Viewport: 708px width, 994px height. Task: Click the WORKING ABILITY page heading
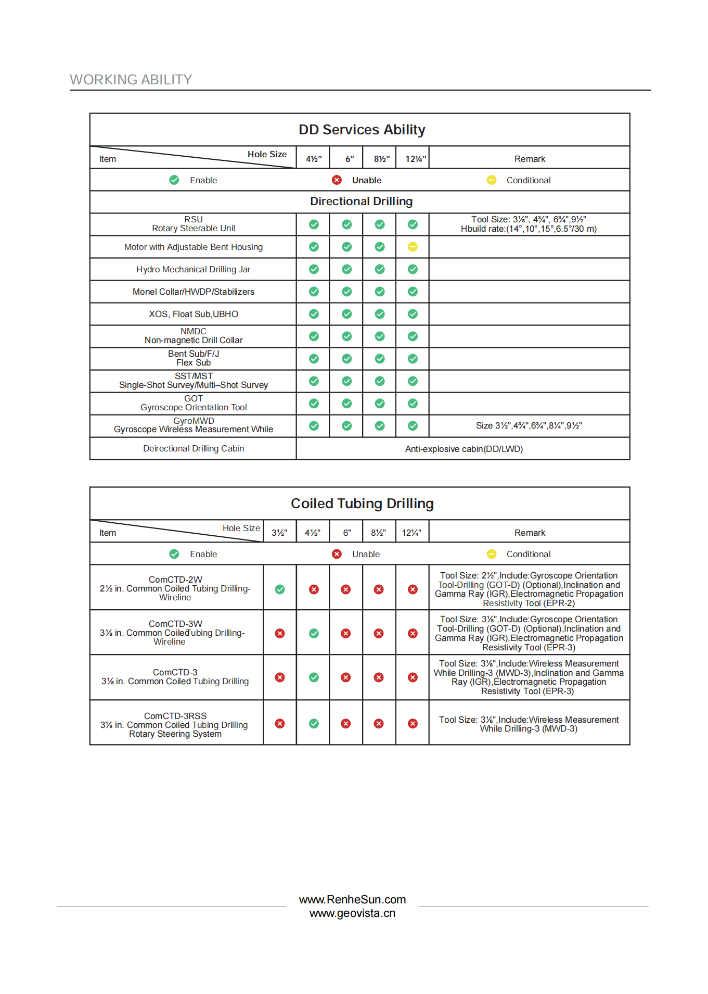[131, 80]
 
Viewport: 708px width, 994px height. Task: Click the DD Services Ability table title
[362, 130]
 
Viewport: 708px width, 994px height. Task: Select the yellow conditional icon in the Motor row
[413, 247]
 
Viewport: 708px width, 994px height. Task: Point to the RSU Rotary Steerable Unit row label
[194, 224]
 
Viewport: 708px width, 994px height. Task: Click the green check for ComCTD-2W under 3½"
[280, 589]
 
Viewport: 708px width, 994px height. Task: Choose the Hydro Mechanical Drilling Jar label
[194, 269]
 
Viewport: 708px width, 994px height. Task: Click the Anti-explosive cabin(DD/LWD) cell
[464, 449]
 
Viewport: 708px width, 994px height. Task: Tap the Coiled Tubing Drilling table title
[362, 504]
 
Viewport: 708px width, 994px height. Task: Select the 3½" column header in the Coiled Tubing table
[279, 533]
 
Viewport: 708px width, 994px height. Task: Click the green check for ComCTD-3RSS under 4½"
[314, 724]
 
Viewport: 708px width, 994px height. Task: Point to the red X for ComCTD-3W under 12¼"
[413, 633]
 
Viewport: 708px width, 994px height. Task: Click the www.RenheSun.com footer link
[352, 900]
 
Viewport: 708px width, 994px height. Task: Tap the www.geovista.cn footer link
[352, 913]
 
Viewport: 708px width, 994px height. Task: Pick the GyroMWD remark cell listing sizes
[529, 425]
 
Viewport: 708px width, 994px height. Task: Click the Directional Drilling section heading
[361, 202]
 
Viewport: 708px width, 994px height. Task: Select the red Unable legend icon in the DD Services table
[337, 180]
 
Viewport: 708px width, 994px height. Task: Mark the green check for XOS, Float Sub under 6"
[347, 314]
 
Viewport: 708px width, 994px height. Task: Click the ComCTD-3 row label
[175, 677]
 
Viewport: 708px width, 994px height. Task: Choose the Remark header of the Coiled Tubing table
[530, 533]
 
